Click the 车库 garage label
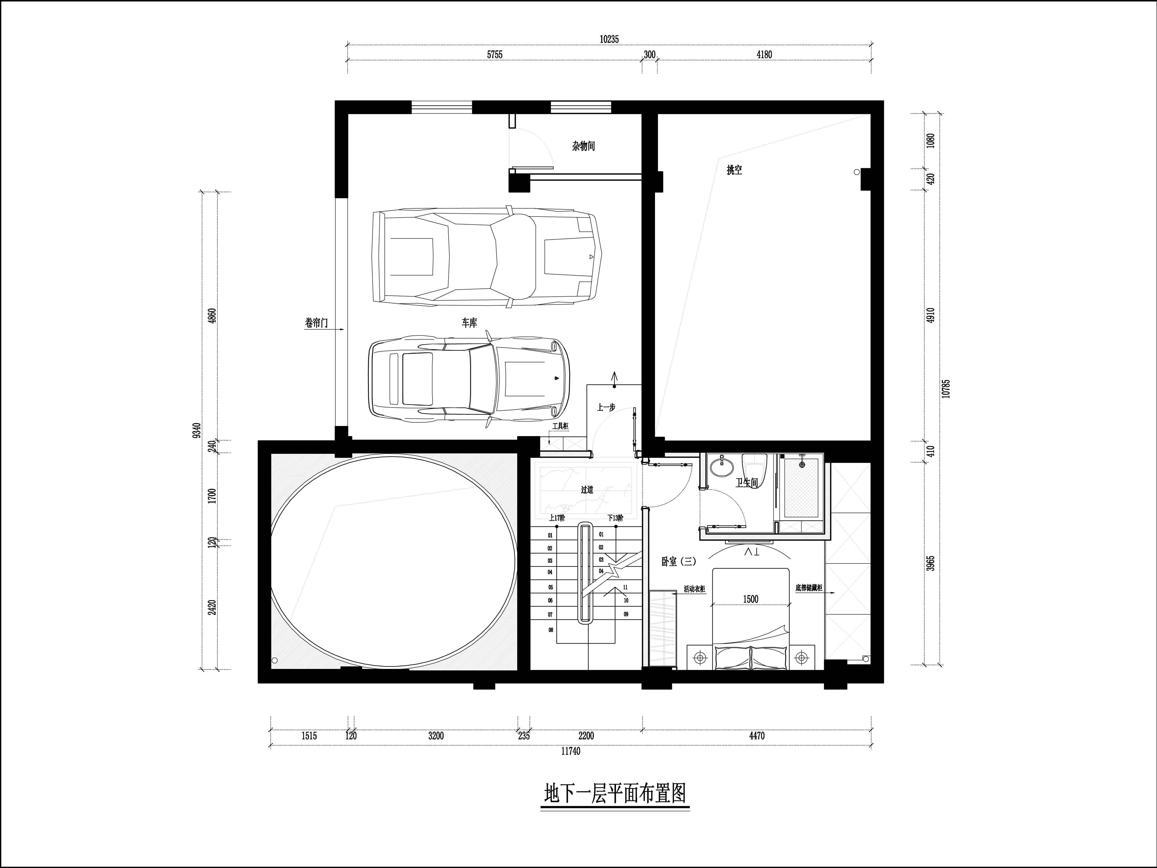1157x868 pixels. click(469, 323)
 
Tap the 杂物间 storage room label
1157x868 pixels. click(583, 146)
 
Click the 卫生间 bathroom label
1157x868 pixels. click(747, 483)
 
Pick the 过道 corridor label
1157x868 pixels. click(587, 490)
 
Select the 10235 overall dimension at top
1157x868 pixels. click(609, 39)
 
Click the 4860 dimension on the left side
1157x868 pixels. click(212, 316)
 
